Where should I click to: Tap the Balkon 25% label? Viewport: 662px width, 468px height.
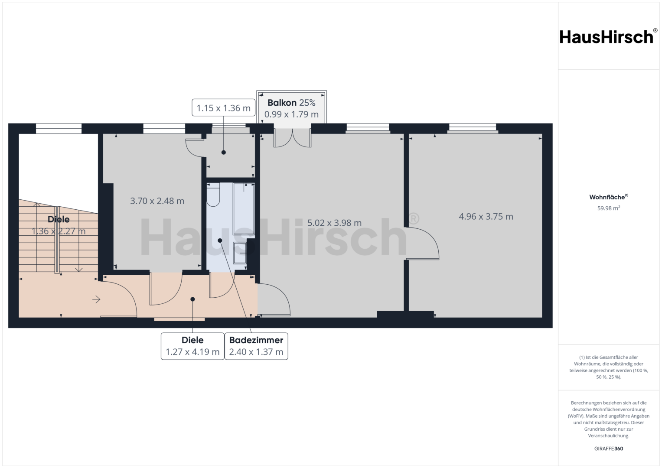(x=291, y=103)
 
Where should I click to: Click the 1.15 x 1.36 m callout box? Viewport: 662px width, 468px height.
(x=223, y=107)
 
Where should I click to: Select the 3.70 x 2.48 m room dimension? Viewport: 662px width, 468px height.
(x=157, y=201)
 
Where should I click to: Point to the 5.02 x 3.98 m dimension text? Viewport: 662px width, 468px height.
(x=334, y=223)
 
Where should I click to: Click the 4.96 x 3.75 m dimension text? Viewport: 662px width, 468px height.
(x=486, y=217)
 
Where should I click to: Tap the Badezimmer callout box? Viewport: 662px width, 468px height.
(x=256, y=346)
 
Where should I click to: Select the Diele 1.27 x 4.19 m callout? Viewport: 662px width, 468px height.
(x=192, y=346)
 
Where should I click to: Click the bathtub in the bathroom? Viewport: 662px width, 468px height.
(x=244, y=208)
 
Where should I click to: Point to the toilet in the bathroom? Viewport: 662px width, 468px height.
(x=213, y=195)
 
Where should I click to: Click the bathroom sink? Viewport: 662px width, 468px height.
(x=240, y=253)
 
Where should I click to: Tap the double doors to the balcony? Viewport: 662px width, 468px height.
(x=292, y=138)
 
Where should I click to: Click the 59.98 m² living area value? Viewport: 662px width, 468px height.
(x=609, y=208)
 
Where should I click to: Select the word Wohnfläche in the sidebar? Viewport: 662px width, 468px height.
(x=607, y=197)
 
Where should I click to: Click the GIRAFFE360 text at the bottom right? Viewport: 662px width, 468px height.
(x=609, y=448)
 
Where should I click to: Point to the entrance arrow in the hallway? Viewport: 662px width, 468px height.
(x=96, y=299)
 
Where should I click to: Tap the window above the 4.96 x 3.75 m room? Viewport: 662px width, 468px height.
(x=473, y=128)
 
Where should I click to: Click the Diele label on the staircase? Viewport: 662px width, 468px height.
(x=59, y=220)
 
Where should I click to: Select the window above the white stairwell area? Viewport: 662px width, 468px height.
(x=59, y=129)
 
